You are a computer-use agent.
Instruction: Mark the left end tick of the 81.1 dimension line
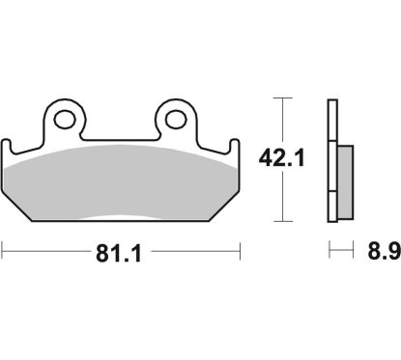pos(4,255)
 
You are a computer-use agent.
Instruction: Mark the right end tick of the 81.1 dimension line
pos(239,255)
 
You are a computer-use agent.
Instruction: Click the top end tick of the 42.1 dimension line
pos(281,98)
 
